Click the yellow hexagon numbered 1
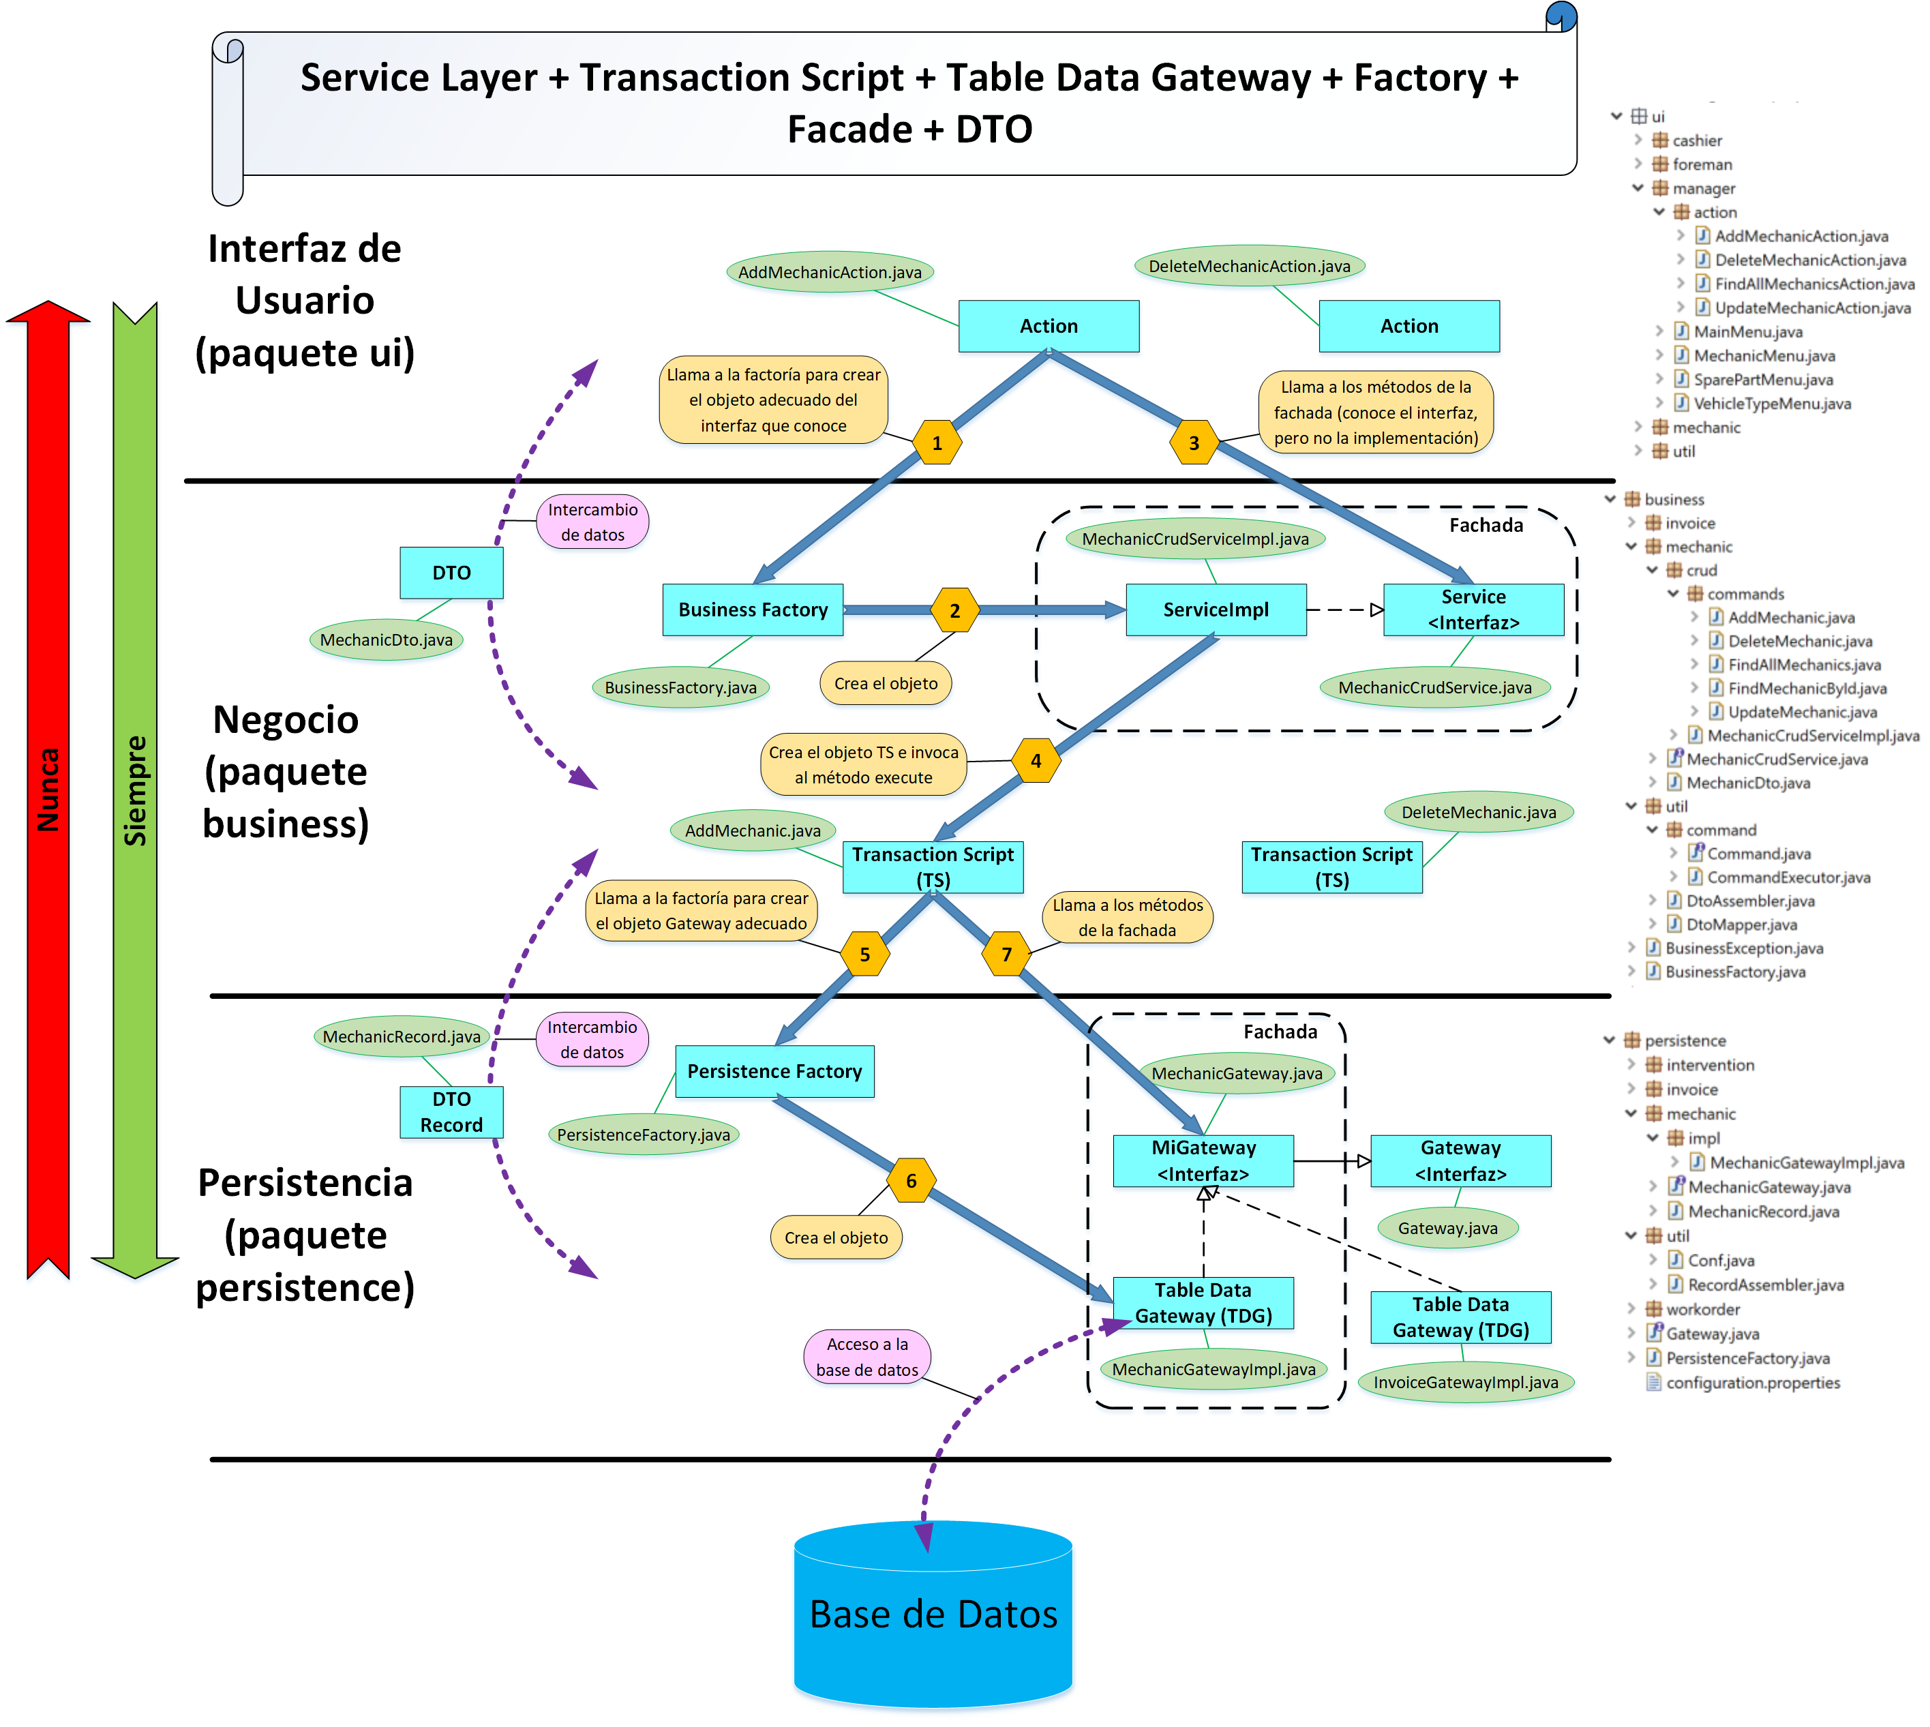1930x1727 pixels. point(937,443)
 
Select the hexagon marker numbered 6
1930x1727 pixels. point(911,1180)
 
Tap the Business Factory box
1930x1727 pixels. point(753,610)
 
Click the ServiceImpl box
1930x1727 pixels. point(1216,610)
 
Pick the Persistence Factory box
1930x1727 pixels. point(774,1071)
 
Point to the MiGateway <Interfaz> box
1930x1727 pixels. point(1203,1160)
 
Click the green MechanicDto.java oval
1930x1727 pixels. point(386,640)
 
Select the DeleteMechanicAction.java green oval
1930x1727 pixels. point(1249,267)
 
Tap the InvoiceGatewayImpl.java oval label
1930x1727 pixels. point(1465,1383)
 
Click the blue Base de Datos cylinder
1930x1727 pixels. point(933,1613)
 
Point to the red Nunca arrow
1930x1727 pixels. point(48,787)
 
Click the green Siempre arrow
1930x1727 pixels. point(136,787)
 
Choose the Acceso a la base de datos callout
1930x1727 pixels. point(866,1357)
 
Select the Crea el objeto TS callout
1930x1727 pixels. point(864,765)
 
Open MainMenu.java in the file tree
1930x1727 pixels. point(1748,332)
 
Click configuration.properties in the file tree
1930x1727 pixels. point(1753,1383)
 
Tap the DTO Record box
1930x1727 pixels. point(452,1112)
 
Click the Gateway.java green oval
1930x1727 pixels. point(1447,1229)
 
